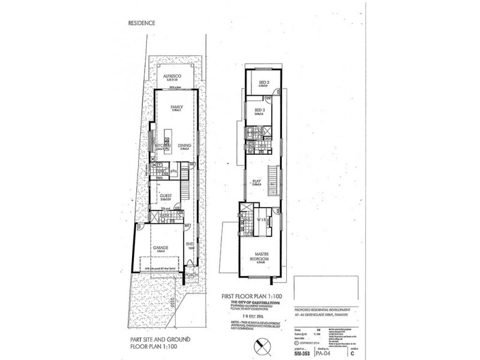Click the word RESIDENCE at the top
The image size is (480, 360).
coord(142,23)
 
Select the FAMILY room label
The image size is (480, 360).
coord(176,107)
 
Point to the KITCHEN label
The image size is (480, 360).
coord(164,145)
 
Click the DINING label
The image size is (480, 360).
coord(185,145)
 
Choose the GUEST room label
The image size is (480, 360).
coord(165,194)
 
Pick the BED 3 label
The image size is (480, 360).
coord(260,111)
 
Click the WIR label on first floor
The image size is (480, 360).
coord(262,220)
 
